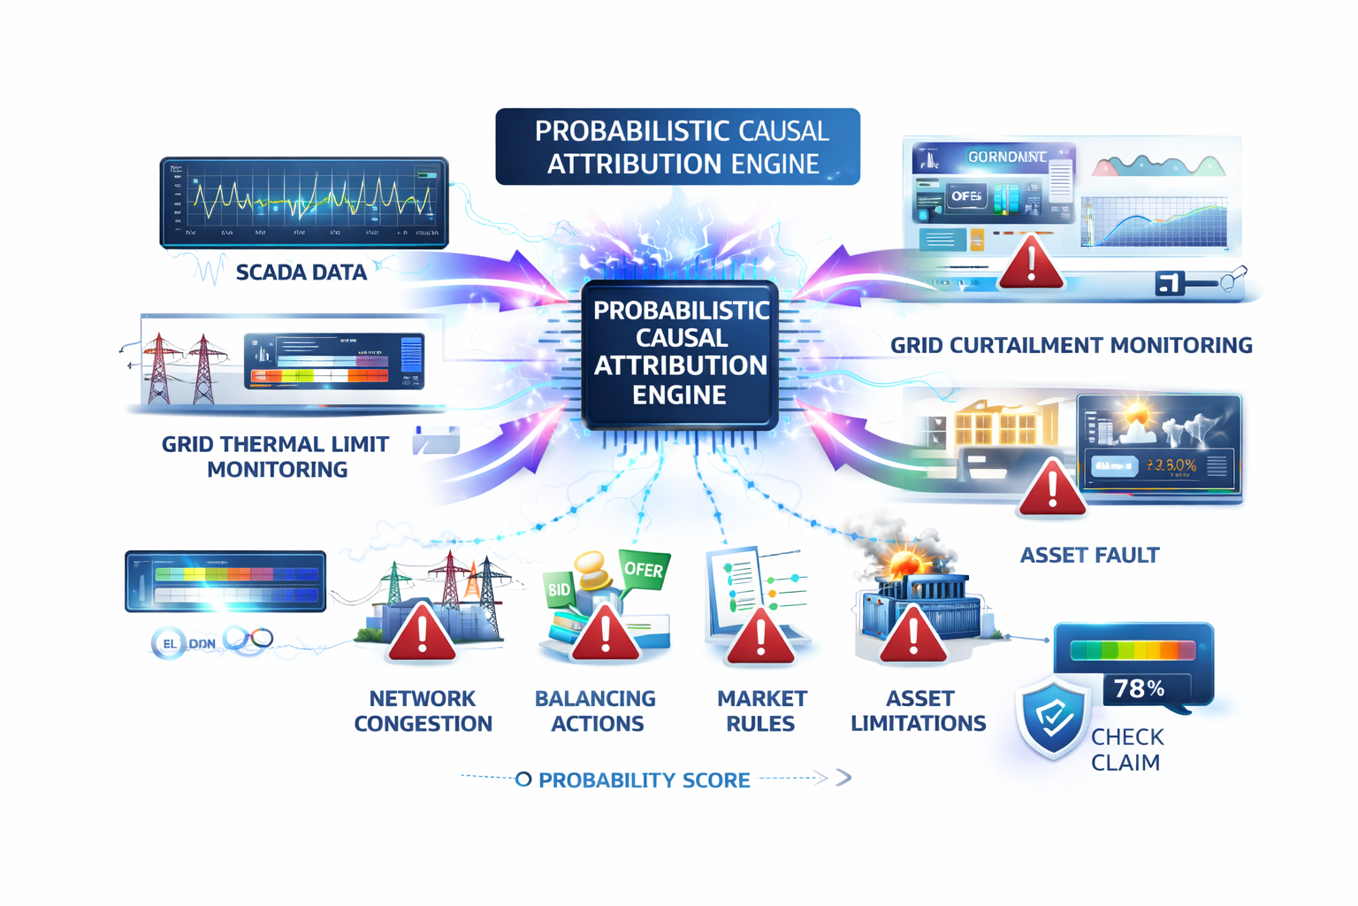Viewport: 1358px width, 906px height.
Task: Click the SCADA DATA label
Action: (x=301, y=273)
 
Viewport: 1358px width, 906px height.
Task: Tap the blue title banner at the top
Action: (x=677, y=147)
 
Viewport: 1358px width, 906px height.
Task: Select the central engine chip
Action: (x=680, y=354)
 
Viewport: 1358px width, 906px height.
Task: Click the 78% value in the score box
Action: (x=1139, y=688)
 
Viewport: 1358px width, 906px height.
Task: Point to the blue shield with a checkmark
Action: (x=1052, y=718)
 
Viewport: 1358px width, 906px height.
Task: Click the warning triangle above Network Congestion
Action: (x=422, y=634)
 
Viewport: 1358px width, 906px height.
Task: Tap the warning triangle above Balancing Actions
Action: (x=606, y=634)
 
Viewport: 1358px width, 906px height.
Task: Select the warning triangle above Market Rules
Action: (x=760, y=637)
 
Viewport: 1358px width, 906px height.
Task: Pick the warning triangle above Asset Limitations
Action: (x=913, y=637)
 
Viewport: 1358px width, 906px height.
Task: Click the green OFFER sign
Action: (x=644, y=571)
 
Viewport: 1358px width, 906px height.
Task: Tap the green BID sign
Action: (x=560, y=589)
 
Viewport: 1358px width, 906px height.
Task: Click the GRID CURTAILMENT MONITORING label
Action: (x=1071, y=345)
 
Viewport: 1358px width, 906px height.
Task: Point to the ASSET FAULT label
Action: (x=1089, y=556)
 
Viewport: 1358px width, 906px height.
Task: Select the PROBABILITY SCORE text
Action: (x=644, y=780)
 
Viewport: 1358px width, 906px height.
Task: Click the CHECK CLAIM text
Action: (x=1126, y=749)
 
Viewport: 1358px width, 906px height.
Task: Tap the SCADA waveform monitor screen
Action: (x=304, y=203)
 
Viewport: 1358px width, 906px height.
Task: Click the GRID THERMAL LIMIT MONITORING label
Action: (x=276, y=457)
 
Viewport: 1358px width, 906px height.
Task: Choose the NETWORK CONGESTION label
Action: (x=423, y=711)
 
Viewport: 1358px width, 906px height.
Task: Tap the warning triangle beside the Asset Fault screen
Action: (x=1051, y=489)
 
